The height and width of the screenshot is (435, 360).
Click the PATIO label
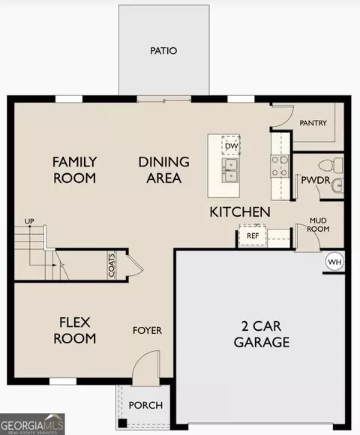(163, 51)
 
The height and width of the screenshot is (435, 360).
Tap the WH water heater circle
(335, 262)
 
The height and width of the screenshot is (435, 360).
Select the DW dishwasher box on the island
(231, 145)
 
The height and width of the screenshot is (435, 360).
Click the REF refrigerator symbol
(253, 235)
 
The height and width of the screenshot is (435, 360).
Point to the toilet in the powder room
(331, 165)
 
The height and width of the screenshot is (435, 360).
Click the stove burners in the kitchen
(280, 166)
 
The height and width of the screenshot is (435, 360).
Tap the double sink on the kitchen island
(230, 170)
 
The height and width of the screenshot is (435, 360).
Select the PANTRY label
(313, 123)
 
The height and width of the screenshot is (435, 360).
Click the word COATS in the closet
(112, 265)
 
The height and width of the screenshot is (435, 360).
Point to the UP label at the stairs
(29, 221)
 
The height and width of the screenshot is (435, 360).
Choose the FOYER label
(147, 331)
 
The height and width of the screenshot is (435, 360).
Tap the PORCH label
(145, 405)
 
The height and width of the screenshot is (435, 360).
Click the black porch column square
(122, 423)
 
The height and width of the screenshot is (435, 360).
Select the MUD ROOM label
(318, 225)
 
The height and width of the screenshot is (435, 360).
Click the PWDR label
(316, 180)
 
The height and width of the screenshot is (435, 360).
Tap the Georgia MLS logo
(32, 424)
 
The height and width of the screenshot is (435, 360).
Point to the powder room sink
(338, 185)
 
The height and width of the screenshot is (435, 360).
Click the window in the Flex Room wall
(63, 381)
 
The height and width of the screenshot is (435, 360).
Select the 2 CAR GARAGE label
(262, 334)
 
